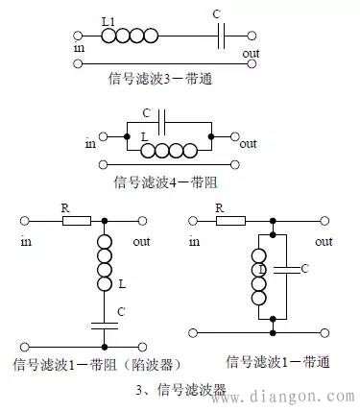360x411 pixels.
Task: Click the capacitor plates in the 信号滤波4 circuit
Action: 163,125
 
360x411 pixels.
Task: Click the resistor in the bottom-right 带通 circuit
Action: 229,221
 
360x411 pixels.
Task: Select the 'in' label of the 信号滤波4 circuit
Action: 91,144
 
